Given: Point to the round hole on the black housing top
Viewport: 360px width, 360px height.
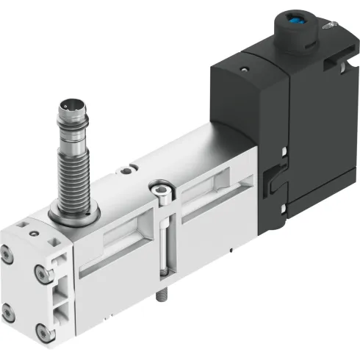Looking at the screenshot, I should (x=245, y=72).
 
